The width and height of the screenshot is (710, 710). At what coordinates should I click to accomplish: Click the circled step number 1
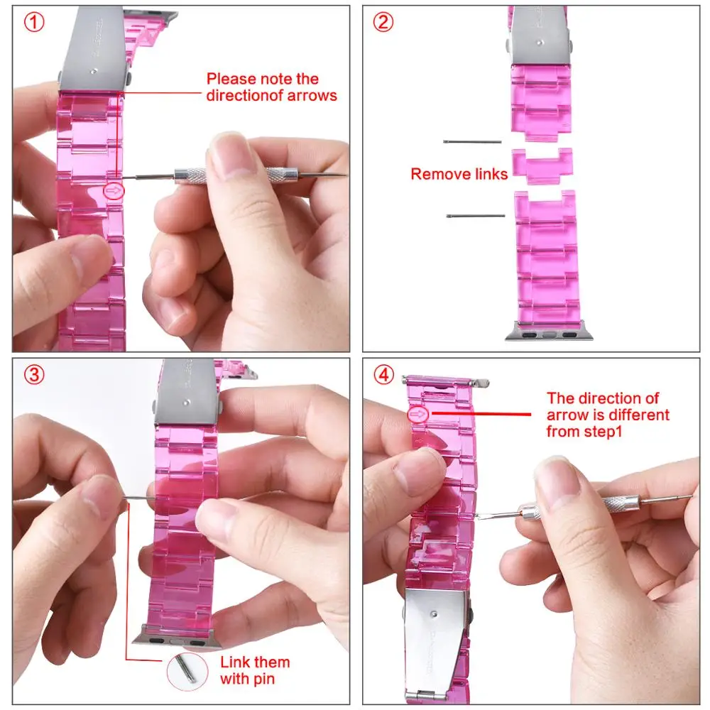pyautogui.click(x=33, y=22)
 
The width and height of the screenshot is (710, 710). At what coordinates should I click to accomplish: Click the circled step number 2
pyautogui.click(x=383, y=22)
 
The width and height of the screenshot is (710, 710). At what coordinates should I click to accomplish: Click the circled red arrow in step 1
pyautogui.click(x=114, y=190)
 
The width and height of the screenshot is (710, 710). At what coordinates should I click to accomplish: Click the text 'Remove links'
pyautogui.click(x=459, y=174)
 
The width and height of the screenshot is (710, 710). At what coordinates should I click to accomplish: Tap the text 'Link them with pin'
pyautogui.click(x=254, y=670)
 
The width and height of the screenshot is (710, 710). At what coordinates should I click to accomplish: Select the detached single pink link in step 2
pyautogui.click(x=542, y=165)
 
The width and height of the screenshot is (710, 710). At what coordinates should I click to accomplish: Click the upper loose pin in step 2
pyautogui.click(x=472, y=142)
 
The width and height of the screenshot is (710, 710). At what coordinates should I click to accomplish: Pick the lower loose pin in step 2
pyautogui.click(x=476, y=215)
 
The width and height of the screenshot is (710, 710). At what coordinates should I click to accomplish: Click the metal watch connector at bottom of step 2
pyautogui.click(x=545, y=332)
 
